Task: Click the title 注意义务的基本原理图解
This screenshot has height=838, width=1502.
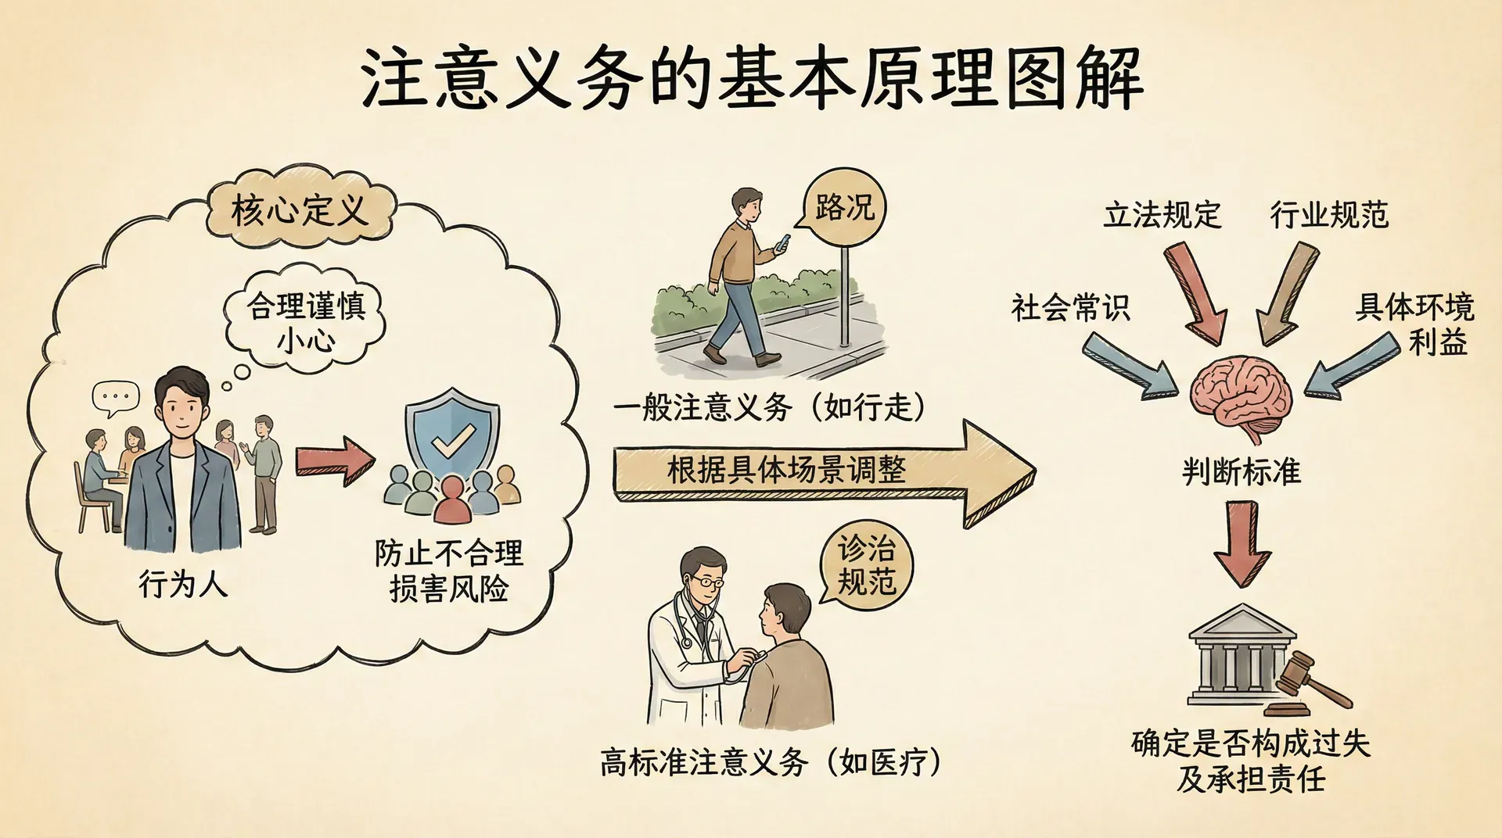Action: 751,78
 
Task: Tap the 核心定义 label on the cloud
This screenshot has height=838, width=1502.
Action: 299,209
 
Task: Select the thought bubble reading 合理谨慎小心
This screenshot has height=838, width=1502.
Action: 306,321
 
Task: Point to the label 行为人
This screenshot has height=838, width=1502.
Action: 183,584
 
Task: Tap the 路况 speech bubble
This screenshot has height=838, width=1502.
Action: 844,208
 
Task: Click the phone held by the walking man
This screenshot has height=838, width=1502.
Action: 782,243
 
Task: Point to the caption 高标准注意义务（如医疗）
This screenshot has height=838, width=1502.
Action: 771,762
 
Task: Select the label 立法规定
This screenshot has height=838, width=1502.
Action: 1162,214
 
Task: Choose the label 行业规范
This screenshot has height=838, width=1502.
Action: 1329,214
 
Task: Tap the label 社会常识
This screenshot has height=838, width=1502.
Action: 1070,308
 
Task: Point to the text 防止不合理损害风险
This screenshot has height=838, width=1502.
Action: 449,571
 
